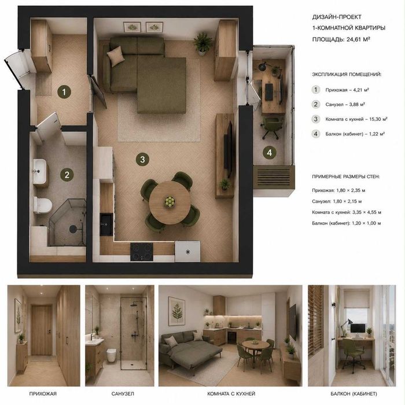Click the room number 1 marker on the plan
pos(64,91)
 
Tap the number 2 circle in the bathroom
pos(67,175)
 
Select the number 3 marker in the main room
pos(142,159)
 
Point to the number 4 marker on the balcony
pos(270,153)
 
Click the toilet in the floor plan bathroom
pos(43,205)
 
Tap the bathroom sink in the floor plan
pos(39,171)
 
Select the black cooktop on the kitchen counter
pos(142,252)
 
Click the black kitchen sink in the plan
pos(106,224)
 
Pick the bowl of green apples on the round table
pos(170,201)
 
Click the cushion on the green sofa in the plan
pos(116,56)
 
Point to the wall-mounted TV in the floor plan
pos(229,149)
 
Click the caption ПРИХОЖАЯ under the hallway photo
pos(43,393)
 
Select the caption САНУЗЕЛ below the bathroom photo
pos(123,393)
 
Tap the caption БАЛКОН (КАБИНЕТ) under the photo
pos(354,393)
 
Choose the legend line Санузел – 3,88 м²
pos(345,104)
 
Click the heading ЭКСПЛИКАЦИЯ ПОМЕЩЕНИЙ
pos(347,75)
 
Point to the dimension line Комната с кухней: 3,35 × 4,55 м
pos(347,212)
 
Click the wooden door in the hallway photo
pos(42,330)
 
